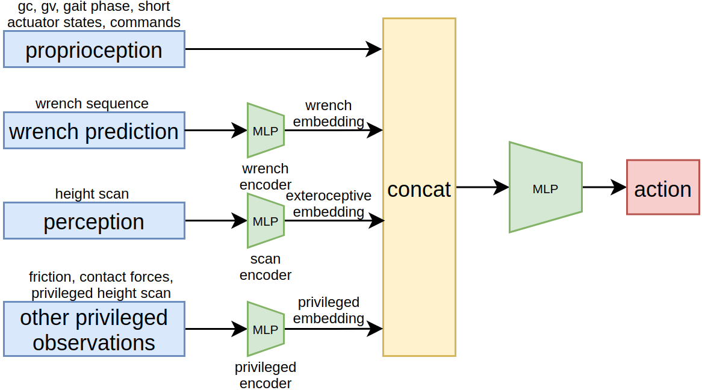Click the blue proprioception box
[94, 49]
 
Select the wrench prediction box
[94, 131]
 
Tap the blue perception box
[94, 221]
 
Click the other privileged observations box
[94, 329]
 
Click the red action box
[663, 187]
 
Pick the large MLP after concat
[545, 188]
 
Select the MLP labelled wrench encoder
[266, 131]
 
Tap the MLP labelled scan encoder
[266, 221]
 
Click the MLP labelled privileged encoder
[266, 329]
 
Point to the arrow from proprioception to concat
[283, 49]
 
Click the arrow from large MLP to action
[604, 187]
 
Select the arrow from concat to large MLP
[482, 187]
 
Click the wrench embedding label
[329, 114]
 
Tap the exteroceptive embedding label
[329, 204]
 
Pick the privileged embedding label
[329, 310]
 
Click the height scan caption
[92, 194]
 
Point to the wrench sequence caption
[92, 104]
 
